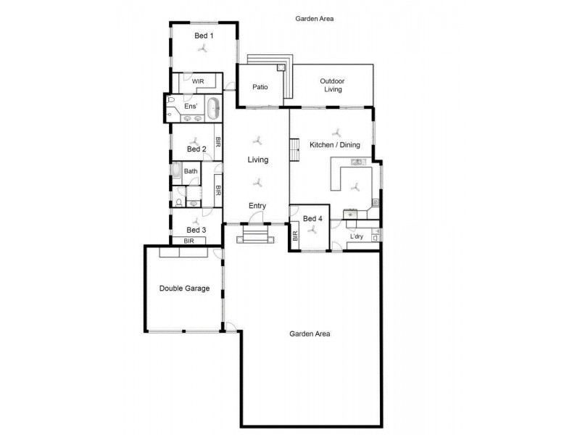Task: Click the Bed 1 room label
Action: pyautogui.click(x=204, y=35)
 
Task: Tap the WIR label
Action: pyautogui.click(x=198, y=81)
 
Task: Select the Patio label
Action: pyautogui.click(x=260, y=87)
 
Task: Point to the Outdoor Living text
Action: pyautogui.click(x=332, y=85)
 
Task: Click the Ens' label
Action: pyautogui.click(x=189, y=107)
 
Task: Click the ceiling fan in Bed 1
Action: pyautogui.click(x=204, y=49)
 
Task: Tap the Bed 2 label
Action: pyautogui.click(x=196, y=149)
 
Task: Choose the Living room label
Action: pyautogui.click(x=257, y=159)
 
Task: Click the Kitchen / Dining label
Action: pyautogui.click(x=335, y=145)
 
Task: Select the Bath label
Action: pyautogui.click(x=191, y=171)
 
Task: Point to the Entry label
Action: pyautogui.click(x=257, y=206)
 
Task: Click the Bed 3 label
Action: pyautogui.click(x=196, y=230)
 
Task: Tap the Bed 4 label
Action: pyautogui.click(x=312, y=218)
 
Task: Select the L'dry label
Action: pyautogui.click(x=356, y=236)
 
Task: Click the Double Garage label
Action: pyautogui.click(x=184, y=288)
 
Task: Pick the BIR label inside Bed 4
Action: pyautogui.click(x=295, y=236)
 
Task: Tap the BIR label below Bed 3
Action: pyautogui.click(x=188, y=241)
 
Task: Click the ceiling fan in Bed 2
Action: pyautogui.click(x=194, y=140)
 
